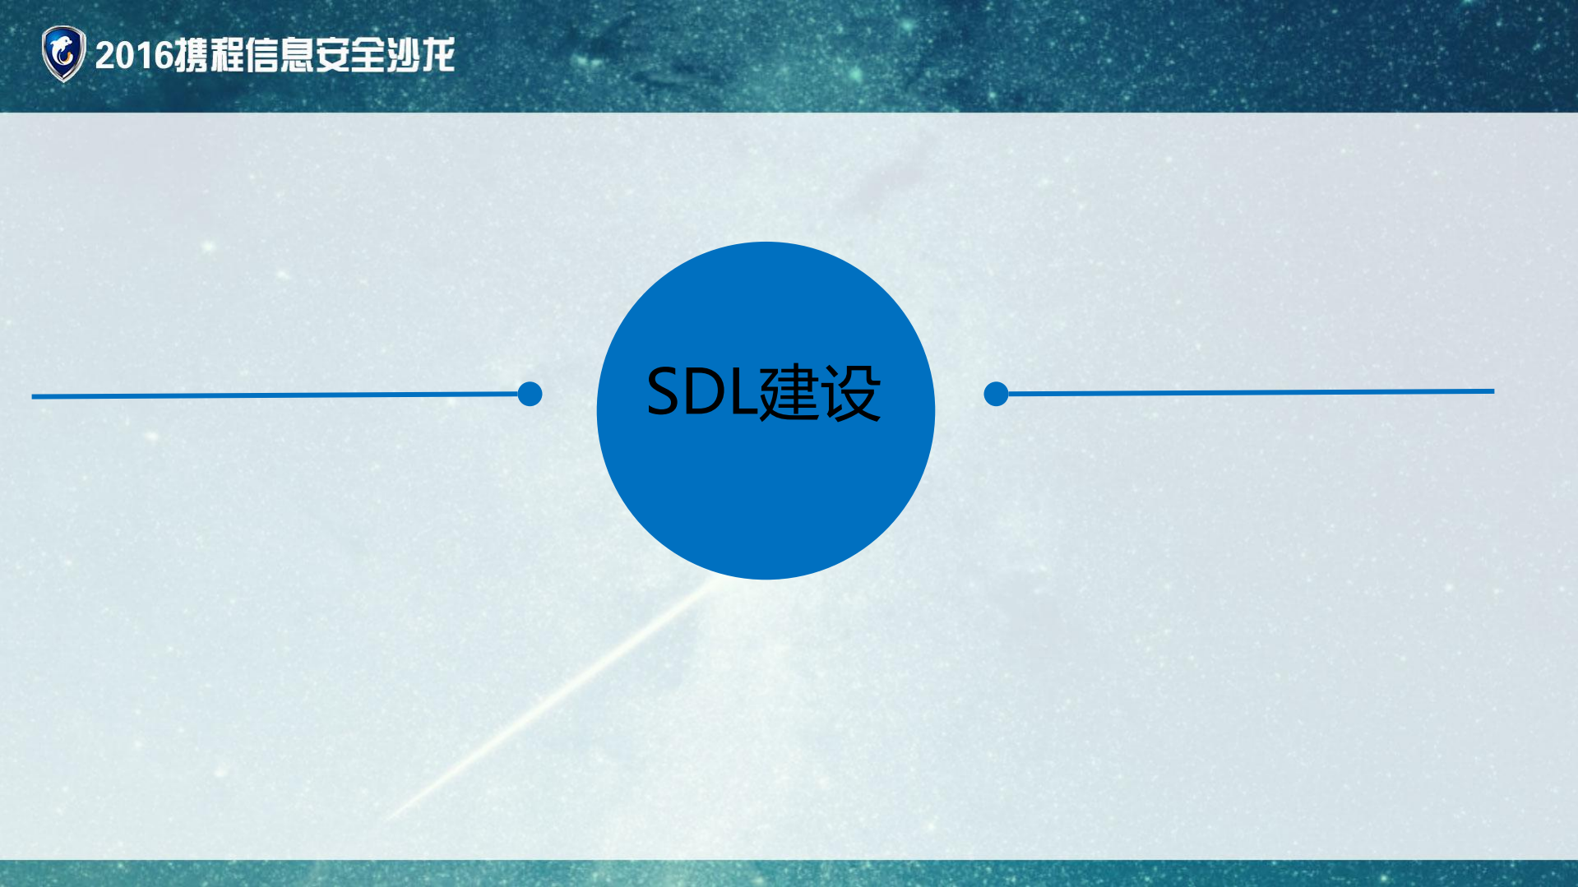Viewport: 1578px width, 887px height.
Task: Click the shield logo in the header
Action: (63, 54)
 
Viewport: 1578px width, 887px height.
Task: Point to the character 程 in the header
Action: (227, 55)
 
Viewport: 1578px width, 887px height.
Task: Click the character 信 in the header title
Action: (262, 55)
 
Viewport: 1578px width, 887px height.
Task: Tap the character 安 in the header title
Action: (333, 55)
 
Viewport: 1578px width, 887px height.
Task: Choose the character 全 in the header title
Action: (368, 55)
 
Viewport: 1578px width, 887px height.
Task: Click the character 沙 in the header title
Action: (403, 55)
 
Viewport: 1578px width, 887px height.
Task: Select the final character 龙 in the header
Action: (437, 55)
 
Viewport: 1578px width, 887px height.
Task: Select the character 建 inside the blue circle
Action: (789, 393)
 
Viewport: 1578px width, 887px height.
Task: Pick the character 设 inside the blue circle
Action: (850, 393)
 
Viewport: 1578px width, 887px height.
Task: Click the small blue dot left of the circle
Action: (530, 394)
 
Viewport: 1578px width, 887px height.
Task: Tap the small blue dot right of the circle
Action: (996, 394)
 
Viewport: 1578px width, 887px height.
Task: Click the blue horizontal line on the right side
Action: (1250, 393)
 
